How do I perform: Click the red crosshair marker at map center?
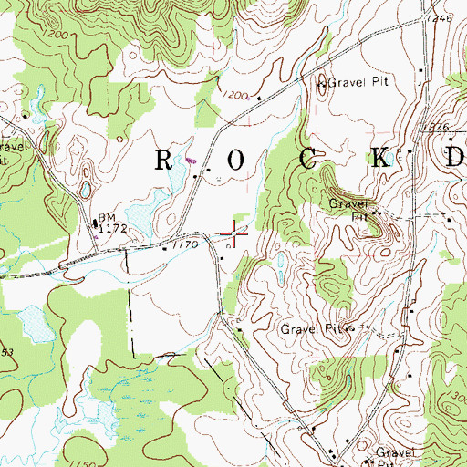tap(233, 234)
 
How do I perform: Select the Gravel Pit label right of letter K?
tap(347, 211)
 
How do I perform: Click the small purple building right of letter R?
tap(190, 161)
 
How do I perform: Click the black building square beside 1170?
tap(164, 245)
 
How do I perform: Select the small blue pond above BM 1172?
tap(84, 190)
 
